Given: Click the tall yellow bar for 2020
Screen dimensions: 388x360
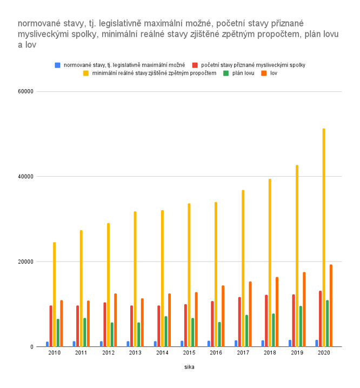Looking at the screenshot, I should pyautogui.click(x=324, y=238).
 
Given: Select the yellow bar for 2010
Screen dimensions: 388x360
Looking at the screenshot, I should pyautogui.click(x=54, y=295).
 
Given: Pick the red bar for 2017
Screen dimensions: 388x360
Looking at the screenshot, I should pyautogui.click(x=239, y=322).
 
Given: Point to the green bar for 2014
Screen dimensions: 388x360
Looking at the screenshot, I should pyautogui.click(x=166, y=331).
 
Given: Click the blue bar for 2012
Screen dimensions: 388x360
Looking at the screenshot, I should pyautogui.click(x=101, y=344).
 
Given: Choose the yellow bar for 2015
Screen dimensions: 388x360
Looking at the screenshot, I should pyautogui.click(x=189, y=275).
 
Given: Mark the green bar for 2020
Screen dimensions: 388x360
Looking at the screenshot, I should pyautogui.click(x=328, y=323).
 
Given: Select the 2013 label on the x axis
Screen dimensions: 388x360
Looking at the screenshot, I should pyautogui.click(x=135, y=353).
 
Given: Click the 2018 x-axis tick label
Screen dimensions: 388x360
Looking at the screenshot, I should pyautogui.click(x=270, y=353).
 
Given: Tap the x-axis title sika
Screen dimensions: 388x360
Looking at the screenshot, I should pyautogui.click(x=189, y=367).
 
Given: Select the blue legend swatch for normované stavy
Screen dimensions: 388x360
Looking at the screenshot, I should pyautogui.click(x=57, y=65).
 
